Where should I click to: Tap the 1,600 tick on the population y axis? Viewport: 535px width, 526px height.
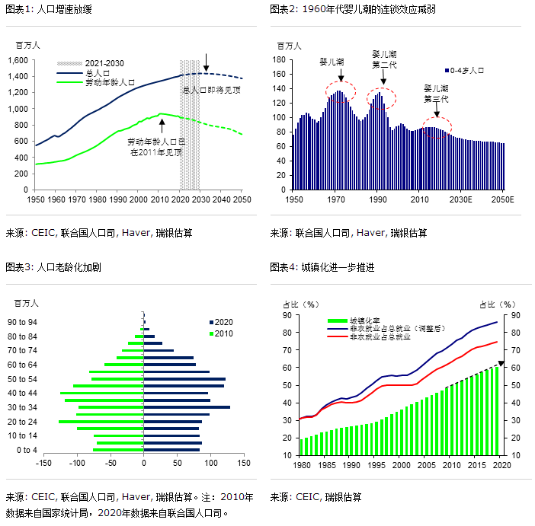point(17,60)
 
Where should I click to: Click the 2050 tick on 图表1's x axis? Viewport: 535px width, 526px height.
point(242,199)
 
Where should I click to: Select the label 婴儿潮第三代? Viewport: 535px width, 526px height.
point(437,94)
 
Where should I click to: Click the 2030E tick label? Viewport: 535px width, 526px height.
point(461,199)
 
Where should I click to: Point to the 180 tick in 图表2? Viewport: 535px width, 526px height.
point(279,60)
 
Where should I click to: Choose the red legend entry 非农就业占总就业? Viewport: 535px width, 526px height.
point(380,336)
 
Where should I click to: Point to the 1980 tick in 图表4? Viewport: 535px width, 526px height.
point(303,465)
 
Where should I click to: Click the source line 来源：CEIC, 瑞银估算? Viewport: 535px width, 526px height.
point(316,497)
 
